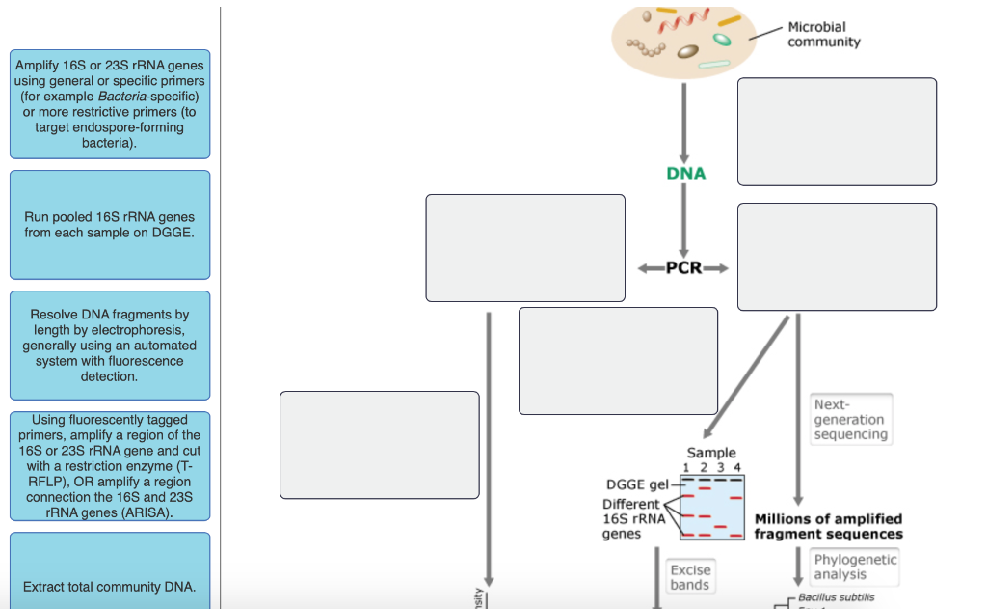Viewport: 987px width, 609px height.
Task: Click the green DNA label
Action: point(685,173)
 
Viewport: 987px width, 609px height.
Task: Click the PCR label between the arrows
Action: point(683,267)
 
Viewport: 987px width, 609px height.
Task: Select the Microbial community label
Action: point(823,35)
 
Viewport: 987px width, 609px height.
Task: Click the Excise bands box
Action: point(689,577)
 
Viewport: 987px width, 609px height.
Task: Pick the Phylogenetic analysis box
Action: point(854,567)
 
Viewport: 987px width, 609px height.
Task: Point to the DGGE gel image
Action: point(711,507)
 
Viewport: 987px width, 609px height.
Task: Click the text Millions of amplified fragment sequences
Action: point(828,526)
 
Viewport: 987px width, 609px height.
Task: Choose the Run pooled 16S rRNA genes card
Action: point(109,225)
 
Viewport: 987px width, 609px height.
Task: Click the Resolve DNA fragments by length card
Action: point(109,346)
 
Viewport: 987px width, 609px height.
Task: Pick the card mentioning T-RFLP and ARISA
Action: point(109,466)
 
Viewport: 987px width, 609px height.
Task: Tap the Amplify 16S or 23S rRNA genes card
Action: point(109,104)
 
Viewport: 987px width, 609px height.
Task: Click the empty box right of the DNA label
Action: point(837,131)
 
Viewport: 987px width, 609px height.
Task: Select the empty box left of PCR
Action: point(525,248)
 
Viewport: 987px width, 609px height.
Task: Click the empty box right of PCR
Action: point(837,257)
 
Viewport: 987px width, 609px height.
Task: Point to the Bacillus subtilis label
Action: point(836,597)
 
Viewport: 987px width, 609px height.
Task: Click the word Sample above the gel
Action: point(711,453)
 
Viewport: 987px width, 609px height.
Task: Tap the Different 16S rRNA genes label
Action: point(633,518)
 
